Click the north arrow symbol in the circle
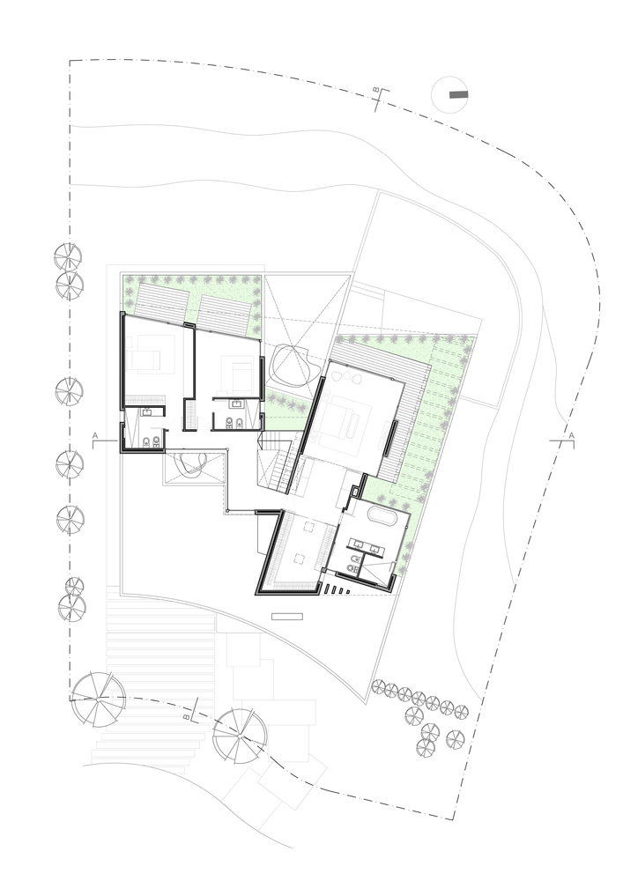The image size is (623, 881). (458, 95)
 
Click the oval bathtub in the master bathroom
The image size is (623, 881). (382, 515)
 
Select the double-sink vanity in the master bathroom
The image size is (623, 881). (366, 544)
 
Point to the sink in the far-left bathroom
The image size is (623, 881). (146, 412)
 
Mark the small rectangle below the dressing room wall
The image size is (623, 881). (287, 617)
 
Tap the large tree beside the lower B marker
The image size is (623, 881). (240, 736)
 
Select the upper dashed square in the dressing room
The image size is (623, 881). (309, 527)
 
